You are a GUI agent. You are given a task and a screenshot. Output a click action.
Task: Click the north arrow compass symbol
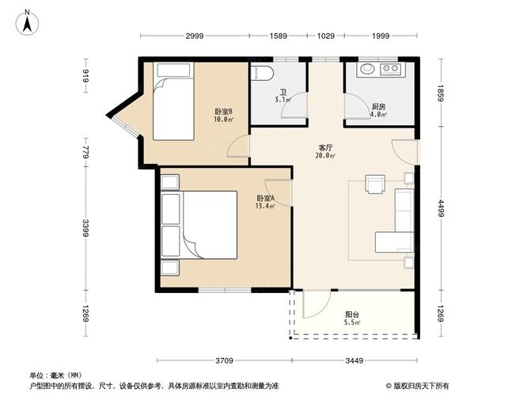(27, 22)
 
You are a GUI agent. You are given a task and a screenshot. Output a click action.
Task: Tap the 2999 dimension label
(195, 36)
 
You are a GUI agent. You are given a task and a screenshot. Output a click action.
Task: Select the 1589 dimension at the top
(279, 36)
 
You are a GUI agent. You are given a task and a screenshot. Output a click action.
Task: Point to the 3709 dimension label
(224, 360)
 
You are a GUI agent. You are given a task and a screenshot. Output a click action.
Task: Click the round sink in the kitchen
(367, 69)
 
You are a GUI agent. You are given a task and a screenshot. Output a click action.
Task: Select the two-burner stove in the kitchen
(391, 69)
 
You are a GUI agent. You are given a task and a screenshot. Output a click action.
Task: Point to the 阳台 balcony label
(352, 314)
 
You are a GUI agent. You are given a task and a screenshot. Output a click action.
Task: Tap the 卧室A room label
(266, 198)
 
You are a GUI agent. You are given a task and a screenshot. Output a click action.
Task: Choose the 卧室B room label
(224, 112)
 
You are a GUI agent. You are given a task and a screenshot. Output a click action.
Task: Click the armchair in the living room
(375, 184)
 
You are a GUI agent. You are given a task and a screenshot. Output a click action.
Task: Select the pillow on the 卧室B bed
(174, 70)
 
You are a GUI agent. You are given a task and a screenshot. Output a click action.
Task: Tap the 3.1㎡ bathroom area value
(282, 100)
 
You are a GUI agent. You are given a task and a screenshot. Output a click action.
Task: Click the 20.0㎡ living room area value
(325, 155)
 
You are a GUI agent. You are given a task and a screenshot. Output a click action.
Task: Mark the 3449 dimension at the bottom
(354, 360)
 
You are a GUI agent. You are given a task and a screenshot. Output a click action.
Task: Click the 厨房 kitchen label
(378, 107)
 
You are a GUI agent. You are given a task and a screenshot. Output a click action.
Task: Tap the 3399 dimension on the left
(85, 228)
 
